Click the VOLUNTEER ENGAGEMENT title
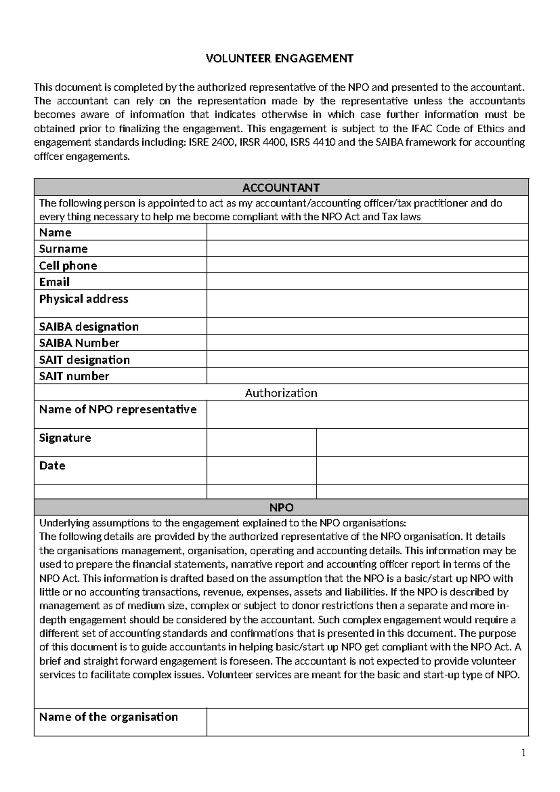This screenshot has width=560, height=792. (280, 58)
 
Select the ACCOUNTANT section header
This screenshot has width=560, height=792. (281, 188)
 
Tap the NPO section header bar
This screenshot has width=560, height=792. (281, 508)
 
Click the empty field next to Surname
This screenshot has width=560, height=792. (367, 248)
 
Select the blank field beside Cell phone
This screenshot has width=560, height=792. (367, 265)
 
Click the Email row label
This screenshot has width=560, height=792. (55, 282)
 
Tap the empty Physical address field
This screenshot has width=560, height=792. (367, 304)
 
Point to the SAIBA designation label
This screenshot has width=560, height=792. (89, 326)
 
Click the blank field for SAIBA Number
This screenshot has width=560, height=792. (367, 343)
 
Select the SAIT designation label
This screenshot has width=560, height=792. (84, 360)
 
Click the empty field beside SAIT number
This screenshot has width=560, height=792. (367, 376)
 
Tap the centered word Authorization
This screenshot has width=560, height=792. (281, 393)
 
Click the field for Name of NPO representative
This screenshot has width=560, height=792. (367, 415)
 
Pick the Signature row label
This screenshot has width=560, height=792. (65, 438)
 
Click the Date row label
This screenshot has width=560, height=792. (52, 466)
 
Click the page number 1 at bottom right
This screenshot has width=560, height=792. (523, 753)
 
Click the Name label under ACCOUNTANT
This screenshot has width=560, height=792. (55, 233)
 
